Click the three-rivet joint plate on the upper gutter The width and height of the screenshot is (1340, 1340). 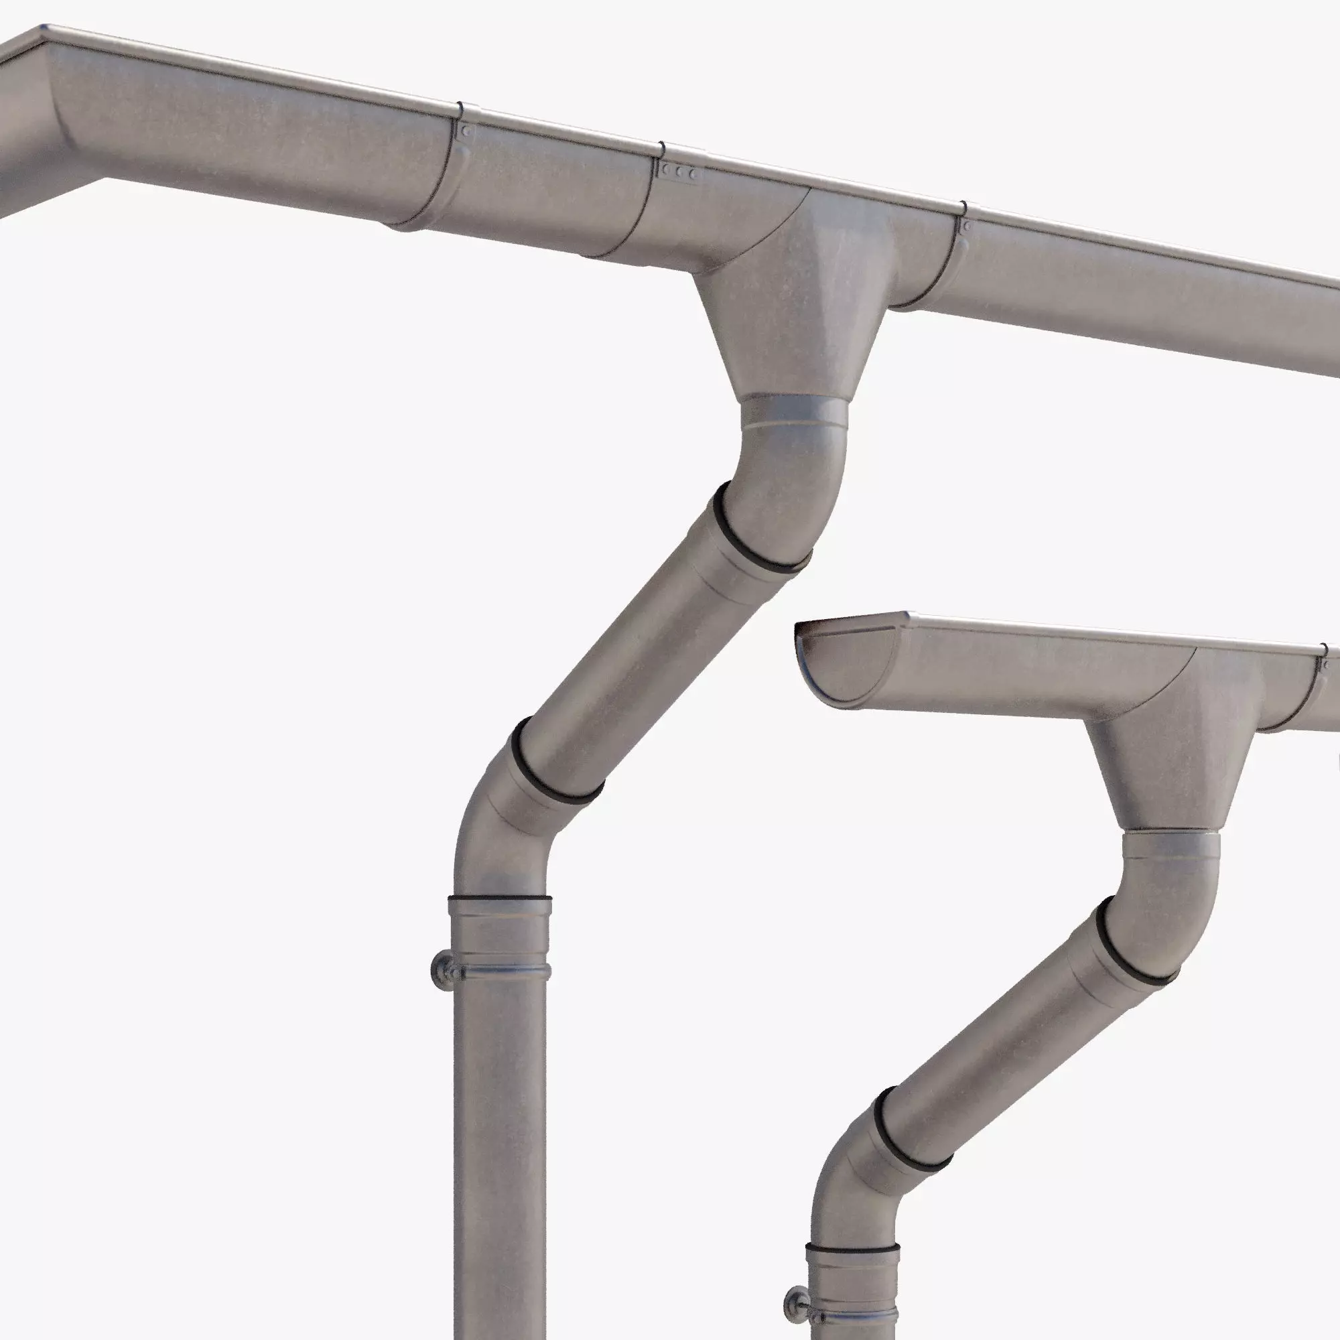679,172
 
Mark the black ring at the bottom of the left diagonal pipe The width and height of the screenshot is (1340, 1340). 555,766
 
